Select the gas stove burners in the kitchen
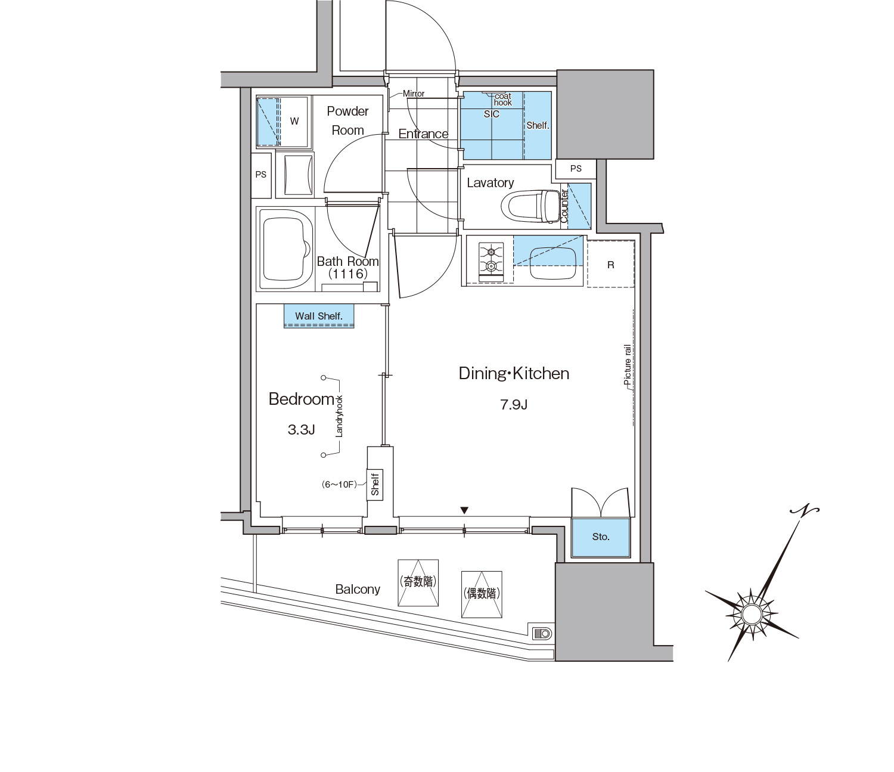click(491, 258)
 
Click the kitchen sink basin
click(554, 263)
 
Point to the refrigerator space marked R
click(611, 264)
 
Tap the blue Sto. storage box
click(601, 537)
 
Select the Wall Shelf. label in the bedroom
click(319, 317)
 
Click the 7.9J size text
click(514, 405)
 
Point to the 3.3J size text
click(301, 430)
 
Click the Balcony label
click(358, 590)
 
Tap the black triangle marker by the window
click(464, 511)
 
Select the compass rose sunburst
click(752, 613)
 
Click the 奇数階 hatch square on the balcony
click(418, 583)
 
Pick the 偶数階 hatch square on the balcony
click(482, 594)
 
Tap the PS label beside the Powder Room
click(261, 175)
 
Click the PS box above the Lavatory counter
click(576, 169)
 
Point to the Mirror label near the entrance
click(414, 94)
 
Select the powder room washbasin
click(299, 175)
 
